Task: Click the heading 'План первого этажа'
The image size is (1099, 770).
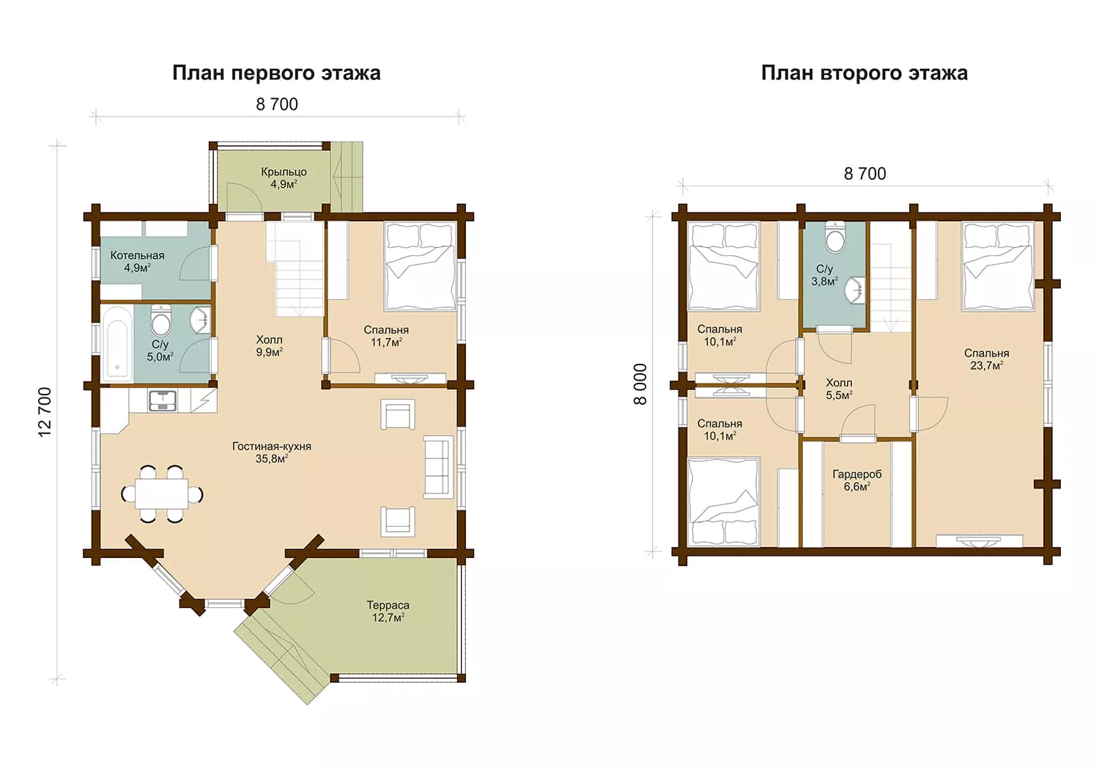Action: tap(276, 73)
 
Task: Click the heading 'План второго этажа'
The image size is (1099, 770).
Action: tap(865, 73)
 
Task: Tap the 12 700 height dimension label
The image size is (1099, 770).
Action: tap(45, 412)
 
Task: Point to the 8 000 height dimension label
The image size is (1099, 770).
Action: tap(640, 384)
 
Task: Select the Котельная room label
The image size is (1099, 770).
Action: tap(138, 255)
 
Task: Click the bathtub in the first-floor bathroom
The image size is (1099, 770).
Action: tap(117, 344)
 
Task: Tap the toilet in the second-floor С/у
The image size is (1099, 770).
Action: tap(835, 237)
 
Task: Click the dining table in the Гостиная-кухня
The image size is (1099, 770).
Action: tap(162, 494)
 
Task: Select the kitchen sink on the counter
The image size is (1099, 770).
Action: tap(163, 401)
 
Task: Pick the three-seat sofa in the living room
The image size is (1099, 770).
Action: tap(438, 467)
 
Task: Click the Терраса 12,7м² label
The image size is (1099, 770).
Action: tap(388, 612)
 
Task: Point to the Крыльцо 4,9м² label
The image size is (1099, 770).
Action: tap(284, 177)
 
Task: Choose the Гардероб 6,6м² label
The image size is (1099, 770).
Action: tap(857, 480)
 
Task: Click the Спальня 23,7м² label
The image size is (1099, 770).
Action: tap(987, 359)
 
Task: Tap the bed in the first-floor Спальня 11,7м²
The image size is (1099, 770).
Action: tap(421, 266)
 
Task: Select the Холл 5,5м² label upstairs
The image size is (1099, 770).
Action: tap(839, 389)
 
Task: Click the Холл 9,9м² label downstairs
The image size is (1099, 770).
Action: tap(270, 345)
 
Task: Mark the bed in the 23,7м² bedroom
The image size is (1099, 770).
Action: tap(998, 266)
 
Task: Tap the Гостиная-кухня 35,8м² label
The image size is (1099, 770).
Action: tap(272, 452)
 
